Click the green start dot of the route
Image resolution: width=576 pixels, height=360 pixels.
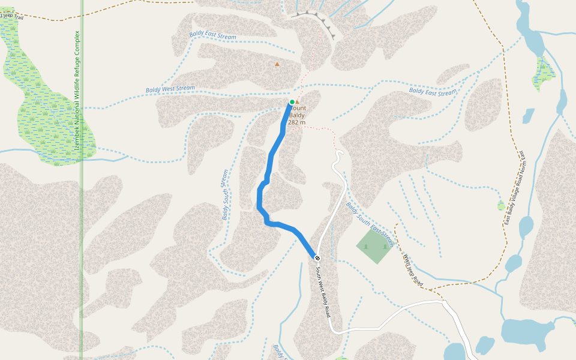[292, 102]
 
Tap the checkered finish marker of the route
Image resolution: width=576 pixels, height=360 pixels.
[317, 258]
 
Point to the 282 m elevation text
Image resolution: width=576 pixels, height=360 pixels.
[296, 122]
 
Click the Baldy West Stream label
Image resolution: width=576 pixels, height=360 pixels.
[170, 89]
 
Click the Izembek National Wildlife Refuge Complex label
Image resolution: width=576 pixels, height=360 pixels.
[77, 90]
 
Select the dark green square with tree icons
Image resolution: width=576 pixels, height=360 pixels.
[373, 246]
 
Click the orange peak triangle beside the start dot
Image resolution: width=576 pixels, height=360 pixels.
[297, 102]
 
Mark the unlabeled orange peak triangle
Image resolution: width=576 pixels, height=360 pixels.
[277, 64]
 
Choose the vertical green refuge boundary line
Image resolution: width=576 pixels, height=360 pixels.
[82, 240]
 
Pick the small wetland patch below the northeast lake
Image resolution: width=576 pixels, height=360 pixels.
[544, 72]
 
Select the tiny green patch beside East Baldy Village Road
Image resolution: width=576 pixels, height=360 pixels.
[501, 206]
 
